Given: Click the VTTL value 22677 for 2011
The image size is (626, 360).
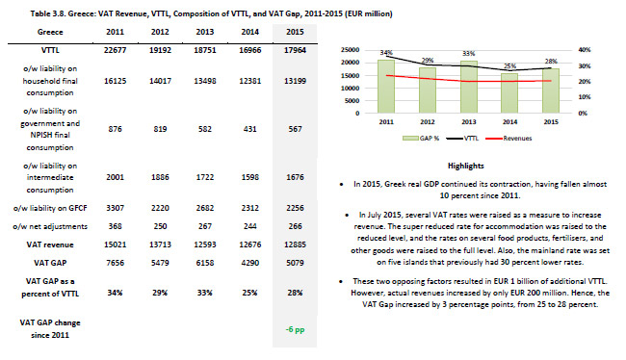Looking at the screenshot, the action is point(115,50).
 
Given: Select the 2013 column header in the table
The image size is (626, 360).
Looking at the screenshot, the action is point(205,32).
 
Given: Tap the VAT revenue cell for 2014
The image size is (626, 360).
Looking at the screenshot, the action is point(250,244).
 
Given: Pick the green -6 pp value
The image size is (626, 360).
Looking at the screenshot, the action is point(295,329).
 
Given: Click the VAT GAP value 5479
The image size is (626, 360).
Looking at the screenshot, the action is point(160,263).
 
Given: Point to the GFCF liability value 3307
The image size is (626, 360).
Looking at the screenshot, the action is point(115,208).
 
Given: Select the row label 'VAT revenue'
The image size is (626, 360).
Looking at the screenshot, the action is point(50,244).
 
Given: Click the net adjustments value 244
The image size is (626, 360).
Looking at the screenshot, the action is point(250,226).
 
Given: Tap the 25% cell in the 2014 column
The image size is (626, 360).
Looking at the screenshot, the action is point(250,293).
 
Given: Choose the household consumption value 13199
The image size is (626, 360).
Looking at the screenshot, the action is point(295,81).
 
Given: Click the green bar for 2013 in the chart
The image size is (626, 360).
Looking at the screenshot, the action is point(469,87).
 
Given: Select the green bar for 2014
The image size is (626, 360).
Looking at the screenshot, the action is point(509,93).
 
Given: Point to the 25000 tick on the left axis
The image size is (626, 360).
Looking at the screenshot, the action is point(351,50).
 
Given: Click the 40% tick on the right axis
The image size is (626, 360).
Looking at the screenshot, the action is point(584,50).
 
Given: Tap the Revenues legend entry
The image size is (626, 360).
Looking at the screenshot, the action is point(509,139).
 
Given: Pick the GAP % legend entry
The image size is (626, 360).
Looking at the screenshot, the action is point(421,139).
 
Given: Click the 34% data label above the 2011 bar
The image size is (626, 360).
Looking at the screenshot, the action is point(386,53).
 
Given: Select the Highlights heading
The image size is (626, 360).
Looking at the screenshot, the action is point(465,166).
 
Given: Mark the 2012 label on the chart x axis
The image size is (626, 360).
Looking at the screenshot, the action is point(428,121).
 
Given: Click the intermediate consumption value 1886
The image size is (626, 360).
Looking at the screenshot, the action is point(160,177).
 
